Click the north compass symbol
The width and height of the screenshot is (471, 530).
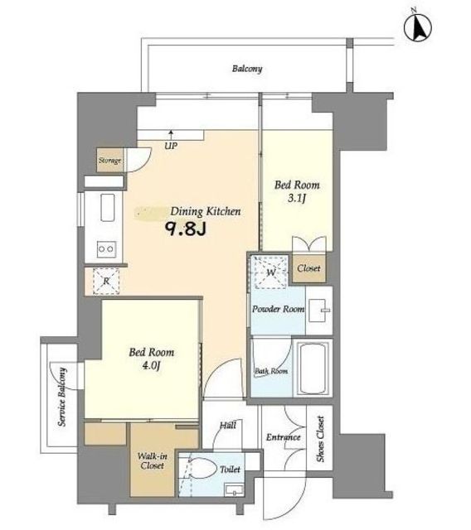point(418,26)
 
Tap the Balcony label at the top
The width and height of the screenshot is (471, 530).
point(247,69)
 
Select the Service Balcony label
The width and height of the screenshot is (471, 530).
point(62,397)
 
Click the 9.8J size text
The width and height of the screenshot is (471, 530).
point(186,229)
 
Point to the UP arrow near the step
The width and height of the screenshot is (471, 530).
point(171,135)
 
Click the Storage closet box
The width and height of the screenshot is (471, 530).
point(110,160)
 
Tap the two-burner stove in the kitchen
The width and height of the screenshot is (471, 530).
point(106,249)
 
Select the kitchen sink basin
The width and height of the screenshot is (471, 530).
point(107,208)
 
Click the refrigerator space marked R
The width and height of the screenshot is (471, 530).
point(106,281)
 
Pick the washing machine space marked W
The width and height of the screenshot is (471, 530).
point(270,272)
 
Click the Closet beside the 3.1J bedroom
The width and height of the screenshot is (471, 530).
point(309,268)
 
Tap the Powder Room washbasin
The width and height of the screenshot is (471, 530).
point(318,311)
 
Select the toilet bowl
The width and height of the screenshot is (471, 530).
point(203,468)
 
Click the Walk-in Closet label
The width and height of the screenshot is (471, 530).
point(153,460)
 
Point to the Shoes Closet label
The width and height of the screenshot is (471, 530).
point(320,438)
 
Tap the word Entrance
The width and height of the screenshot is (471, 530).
point(284,437)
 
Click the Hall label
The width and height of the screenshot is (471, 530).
point(228,425)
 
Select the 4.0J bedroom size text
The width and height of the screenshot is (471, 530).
point(151,365)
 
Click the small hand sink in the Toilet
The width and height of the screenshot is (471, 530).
point(234,489)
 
